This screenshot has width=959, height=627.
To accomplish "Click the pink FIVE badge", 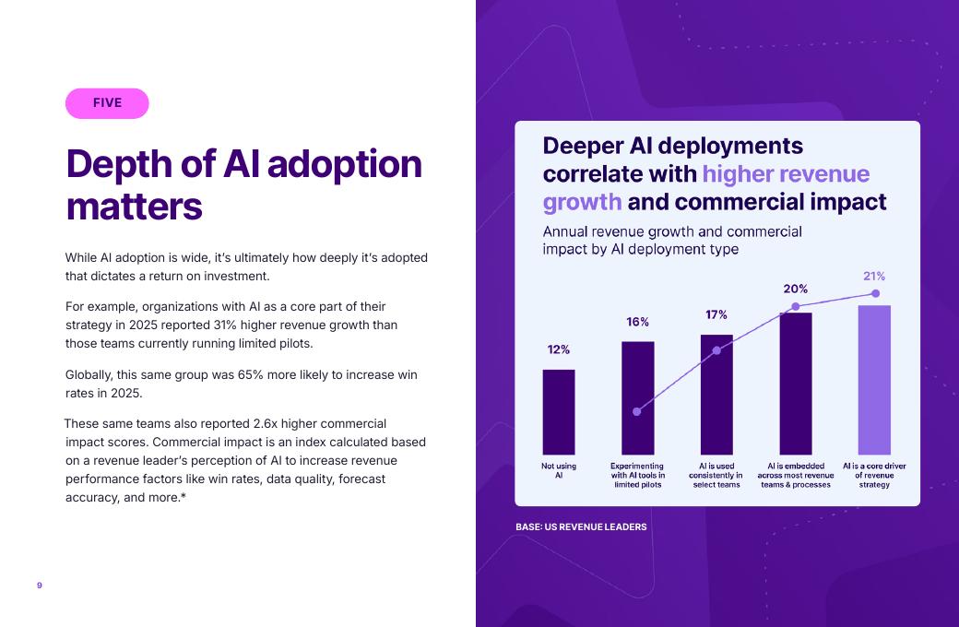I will pos(107,103).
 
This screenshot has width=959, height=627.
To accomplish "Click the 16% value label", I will pos(638,322).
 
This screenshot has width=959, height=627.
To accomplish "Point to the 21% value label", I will pos(874,276).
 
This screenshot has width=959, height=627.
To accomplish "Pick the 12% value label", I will pos(559,349).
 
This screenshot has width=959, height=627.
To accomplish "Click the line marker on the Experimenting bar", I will pos(637,411).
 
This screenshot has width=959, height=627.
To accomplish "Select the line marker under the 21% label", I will pos(875,293).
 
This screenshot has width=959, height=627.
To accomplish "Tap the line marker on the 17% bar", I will pos(716,350).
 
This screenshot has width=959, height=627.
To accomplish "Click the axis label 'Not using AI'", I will pos(559,470).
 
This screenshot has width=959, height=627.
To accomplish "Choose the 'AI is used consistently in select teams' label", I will pos(716,475).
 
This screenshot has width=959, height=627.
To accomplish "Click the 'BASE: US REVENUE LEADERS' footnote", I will pos(581,526).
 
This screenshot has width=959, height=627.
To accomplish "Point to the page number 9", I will pos(40,586).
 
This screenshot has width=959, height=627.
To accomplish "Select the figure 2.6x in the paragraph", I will pos(266,423).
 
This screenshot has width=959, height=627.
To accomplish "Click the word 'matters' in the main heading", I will pos(134,207).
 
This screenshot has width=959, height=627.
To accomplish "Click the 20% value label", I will pos(796,289).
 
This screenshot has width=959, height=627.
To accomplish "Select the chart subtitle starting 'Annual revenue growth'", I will pos(672,240).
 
